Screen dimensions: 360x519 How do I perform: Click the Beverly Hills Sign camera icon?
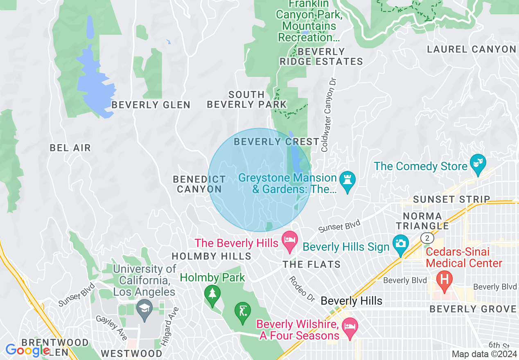click(400, 243)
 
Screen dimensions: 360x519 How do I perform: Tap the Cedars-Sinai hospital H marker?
click(444, 280)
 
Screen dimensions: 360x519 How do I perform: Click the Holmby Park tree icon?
click(212, 294)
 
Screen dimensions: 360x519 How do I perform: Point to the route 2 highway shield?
click(427, 238)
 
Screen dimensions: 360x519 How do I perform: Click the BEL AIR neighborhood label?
click(70, 148)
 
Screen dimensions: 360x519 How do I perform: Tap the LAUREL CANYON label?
click(471, 49)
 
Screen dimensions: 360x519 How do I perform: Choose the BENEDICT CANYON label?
click(199, 184)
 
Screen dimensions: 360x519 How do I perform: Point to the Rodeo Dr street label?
click(302, 289)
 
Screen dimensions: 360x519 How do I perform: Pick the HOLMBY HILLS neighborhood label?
click(211, 256)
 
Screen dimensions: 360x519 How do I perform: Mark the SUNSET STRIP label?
click(451, 199)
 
